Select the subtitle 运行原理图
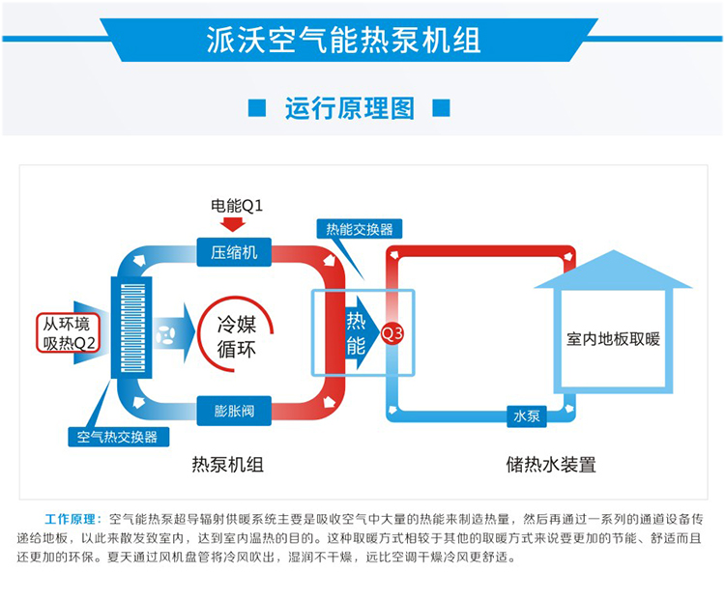[x=349, y=107]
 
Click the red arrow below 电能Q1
[x=233, y=224]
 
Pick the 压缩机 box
[x=235, y=253]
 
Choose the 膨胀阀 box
[x=235, y=410]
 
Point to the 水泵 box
[x=526, y=416]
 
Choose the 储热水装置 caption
[x=550, y=465]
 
